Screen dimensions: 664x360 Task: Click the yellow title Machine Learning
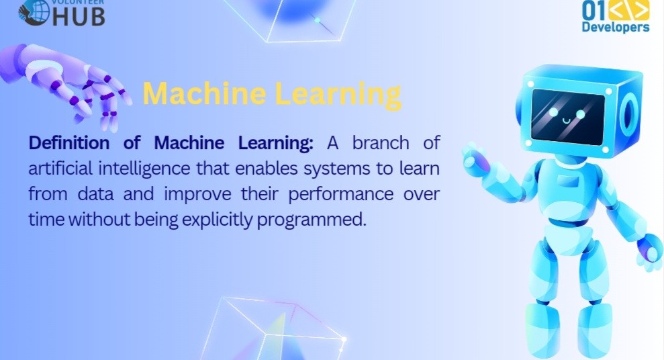(x=272, y=94)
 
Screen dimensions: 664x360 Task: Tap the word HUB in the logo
(x=78, y=17)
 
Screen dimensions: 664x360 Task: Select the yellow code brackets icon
(x=629, y=10)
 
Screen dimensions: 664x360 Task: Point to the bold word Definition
(x=69, y=143)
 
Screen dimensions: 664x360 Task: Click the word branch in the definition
(x=381, y=143)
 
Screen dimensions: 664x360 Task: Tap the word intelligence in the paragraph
(x=144, y=169)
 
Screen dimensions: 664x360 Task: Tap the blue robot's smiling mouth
(x=567, y=121)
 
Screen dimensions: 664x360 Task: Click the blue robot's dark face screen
(x=568, y=116)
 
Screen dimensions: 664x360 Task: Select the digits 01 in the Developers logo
(x=594, y=10)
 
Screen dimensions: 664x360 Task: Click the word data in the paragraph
(x=96, y=195)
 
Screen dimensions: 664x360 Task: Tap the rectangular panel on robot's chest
(x=567, y=181)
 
